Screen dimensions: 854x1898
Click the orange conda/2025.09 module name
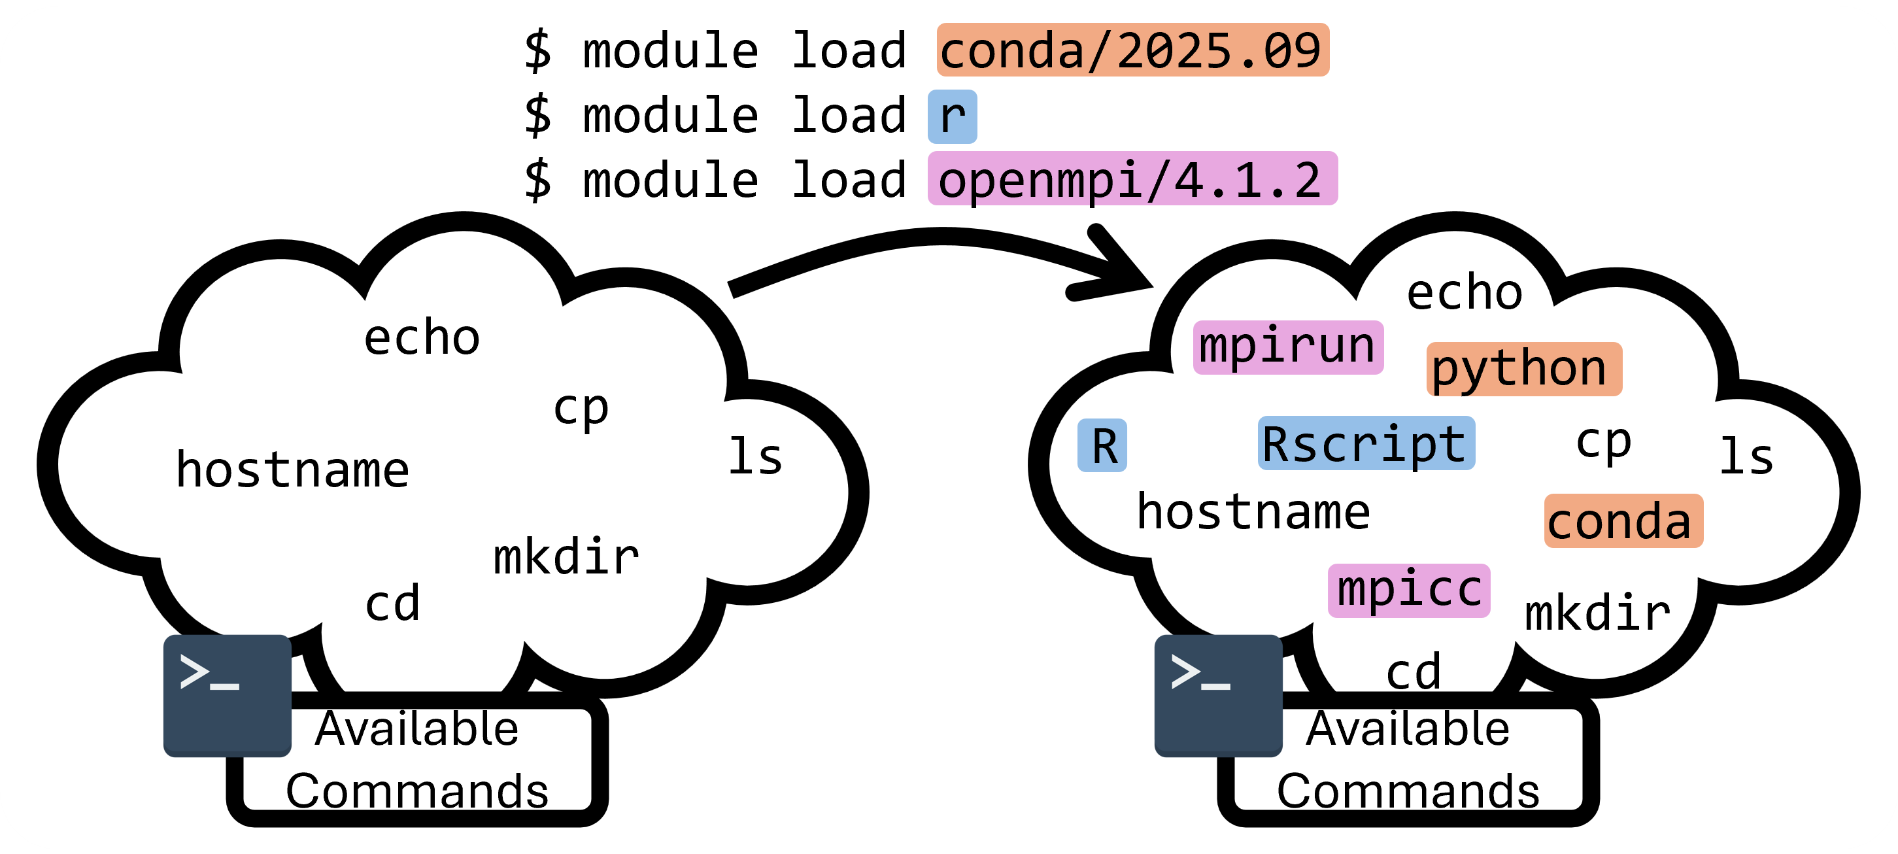click(1132, 50)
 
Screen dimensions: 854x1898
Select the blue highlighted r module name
click(952, 116)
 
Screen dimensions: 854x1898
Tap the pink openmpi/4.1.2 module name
click(1132, 179)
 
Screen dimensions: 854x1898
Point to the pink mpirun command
click(1287, 347)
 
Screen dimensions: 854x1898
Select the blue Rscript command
click(1365, 443)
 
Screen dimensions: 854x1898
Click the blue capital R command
click(1102, 446)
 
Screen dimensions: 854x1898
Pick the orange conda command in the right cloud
click(1623, 521)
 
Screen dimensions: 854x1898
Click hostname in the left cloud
click(292, 470)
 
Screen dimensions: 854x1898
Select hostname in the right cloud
click(1253, 512)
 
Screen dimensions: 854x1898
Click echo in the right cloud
click(1464, 292)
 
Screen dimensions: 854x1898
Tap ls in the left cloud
click(755, 457)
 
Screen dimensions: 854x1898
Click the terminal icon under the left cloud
click(227, 695)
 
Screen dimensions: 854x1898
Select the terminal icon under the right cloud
click(1218, 695)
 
